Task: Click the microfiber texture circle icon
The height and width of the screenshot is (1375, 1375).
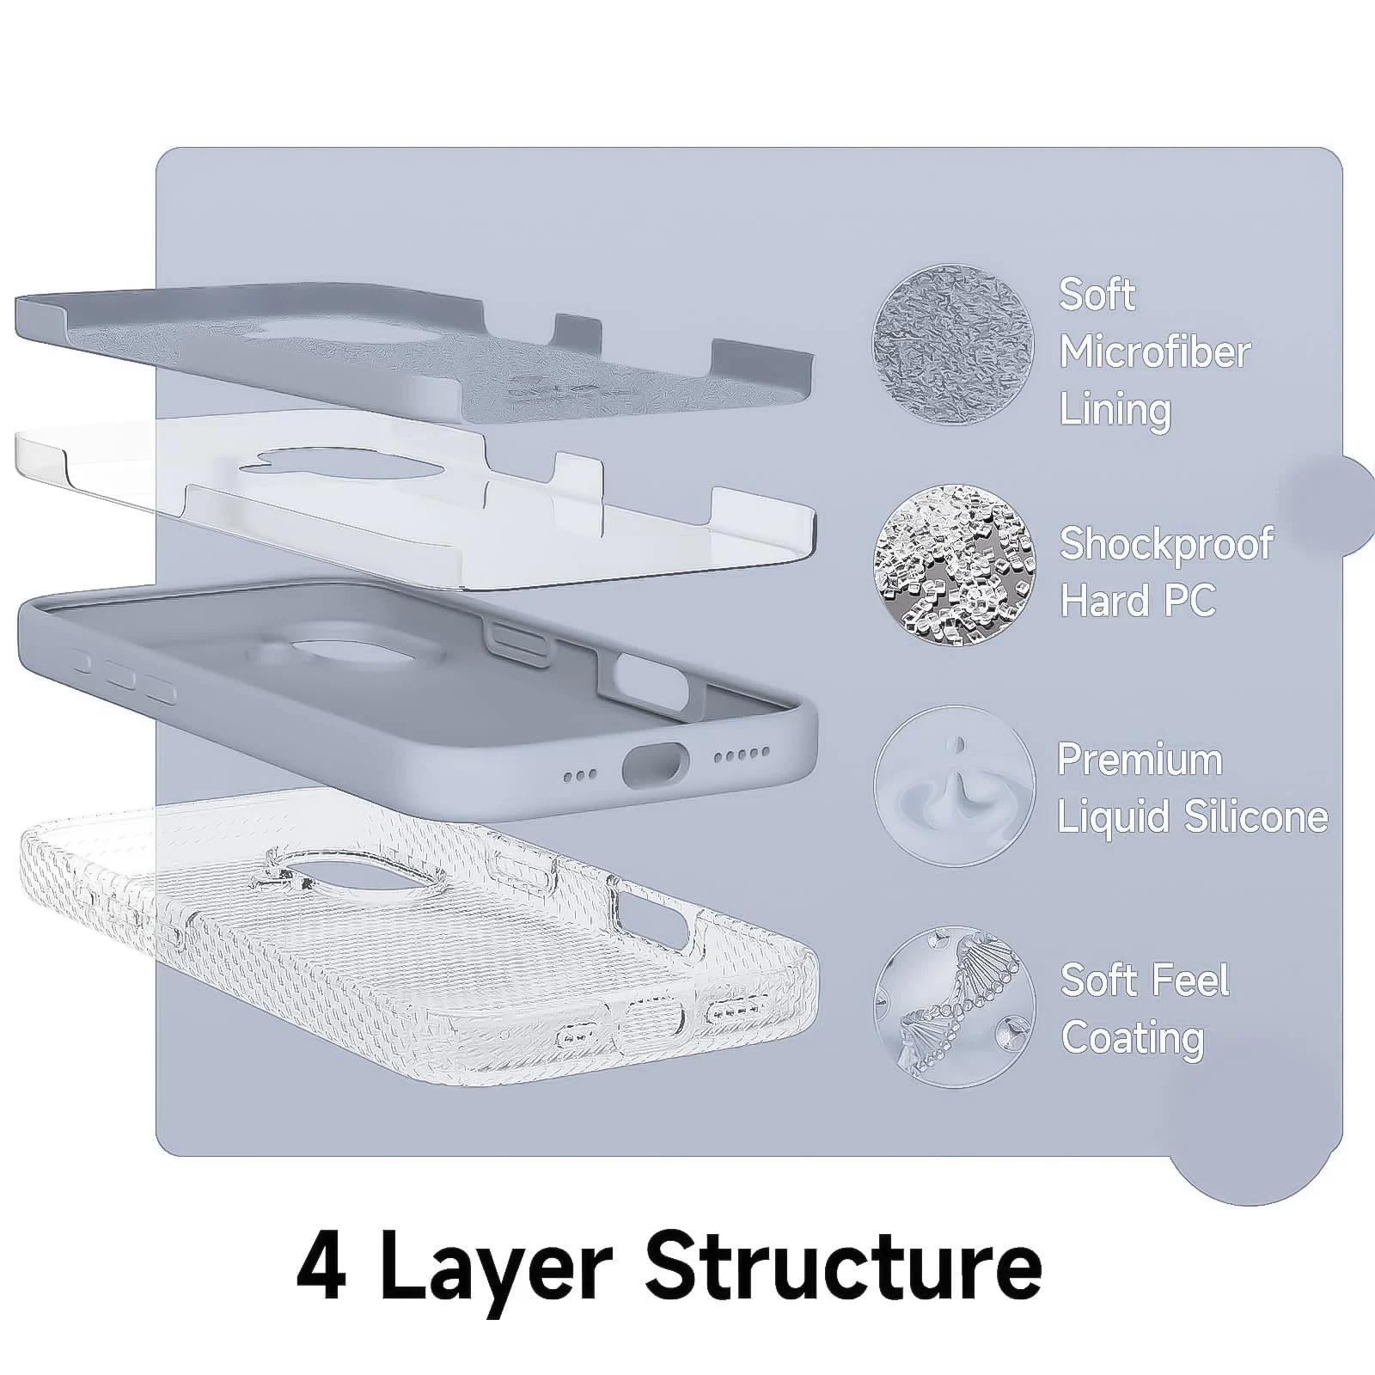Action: point(953,345)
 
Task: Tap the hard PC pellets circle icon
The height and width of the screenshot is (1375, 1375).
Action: point(955,565)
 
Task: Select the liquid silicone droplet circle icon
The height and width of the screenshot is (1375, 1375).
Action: point(955,785)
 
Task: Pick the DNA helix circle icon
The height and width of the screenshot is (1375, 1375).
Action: point(955,1006)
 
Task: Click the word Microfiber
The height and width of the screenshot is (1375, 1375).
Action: point(1155,352)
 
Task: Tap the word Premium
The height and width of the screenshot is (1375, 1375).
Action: point(1140,760)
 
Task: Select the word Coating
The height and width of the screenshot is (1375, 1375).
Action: point(1133,1039)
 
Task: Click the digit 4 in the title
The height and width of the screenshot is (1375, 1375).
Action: point(321,1268)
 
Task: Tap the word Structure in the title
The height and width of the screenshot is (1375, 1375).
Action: point(844,1268)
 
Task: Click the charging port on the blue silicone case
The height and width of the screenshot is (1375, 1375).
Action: point(657,764)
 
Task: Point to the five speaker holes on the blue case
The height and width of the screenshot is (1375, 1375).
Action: point(742,754)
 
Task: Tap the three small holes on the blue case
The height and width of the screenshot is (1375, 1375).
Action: point(580,775)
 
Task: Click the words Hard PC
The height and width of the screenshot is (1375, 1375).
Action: point(1138,600)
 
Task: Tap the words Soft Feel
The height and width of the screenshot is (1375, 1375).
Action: point(1145,981)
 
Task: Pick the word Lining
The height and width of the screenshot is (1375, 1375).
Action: point(1115,410)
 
